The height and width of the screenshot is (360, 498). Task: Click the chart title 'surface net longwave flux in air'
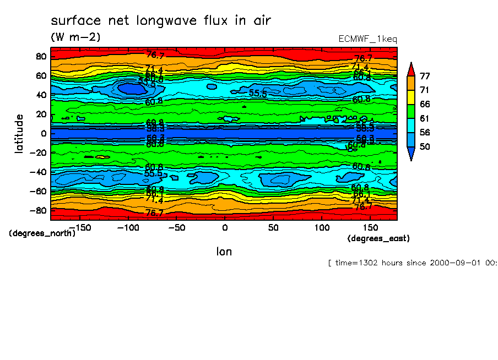click(161, 21)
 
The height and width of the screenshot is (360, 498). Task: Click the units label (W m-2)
click(75, 37)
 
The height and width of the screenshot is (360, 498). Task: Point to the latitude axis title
click(19, 134)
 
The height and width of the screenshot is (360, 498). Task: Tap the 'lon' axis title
click(224, 252)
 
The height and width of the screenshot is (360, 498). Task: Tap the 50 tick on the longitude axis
click(273, 227)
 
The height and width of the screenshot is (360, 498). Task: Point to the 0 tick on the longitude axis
click(224, 227)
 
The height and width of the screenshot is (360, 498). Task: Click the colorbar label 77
click(425, 75)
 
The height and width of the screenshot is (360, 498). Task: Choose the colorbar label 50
click(425, 146)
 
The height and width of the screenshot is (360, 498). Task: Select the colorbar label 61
click(425, 118)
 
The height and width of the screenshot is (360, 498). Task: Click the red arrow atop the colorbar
click(411, 69)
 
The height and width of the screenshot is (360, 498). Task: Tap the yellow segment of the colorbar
click(411, 97)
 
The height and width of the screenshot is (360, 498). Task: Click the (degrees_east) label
click(378, 238)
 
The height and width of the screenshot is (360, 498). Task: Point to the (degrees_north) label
click(42, 233)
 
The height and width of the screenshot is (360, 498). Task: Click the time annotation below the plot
click(412, 263)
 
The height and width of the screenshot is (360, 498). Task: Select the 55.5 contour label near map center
click(258, 93)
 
